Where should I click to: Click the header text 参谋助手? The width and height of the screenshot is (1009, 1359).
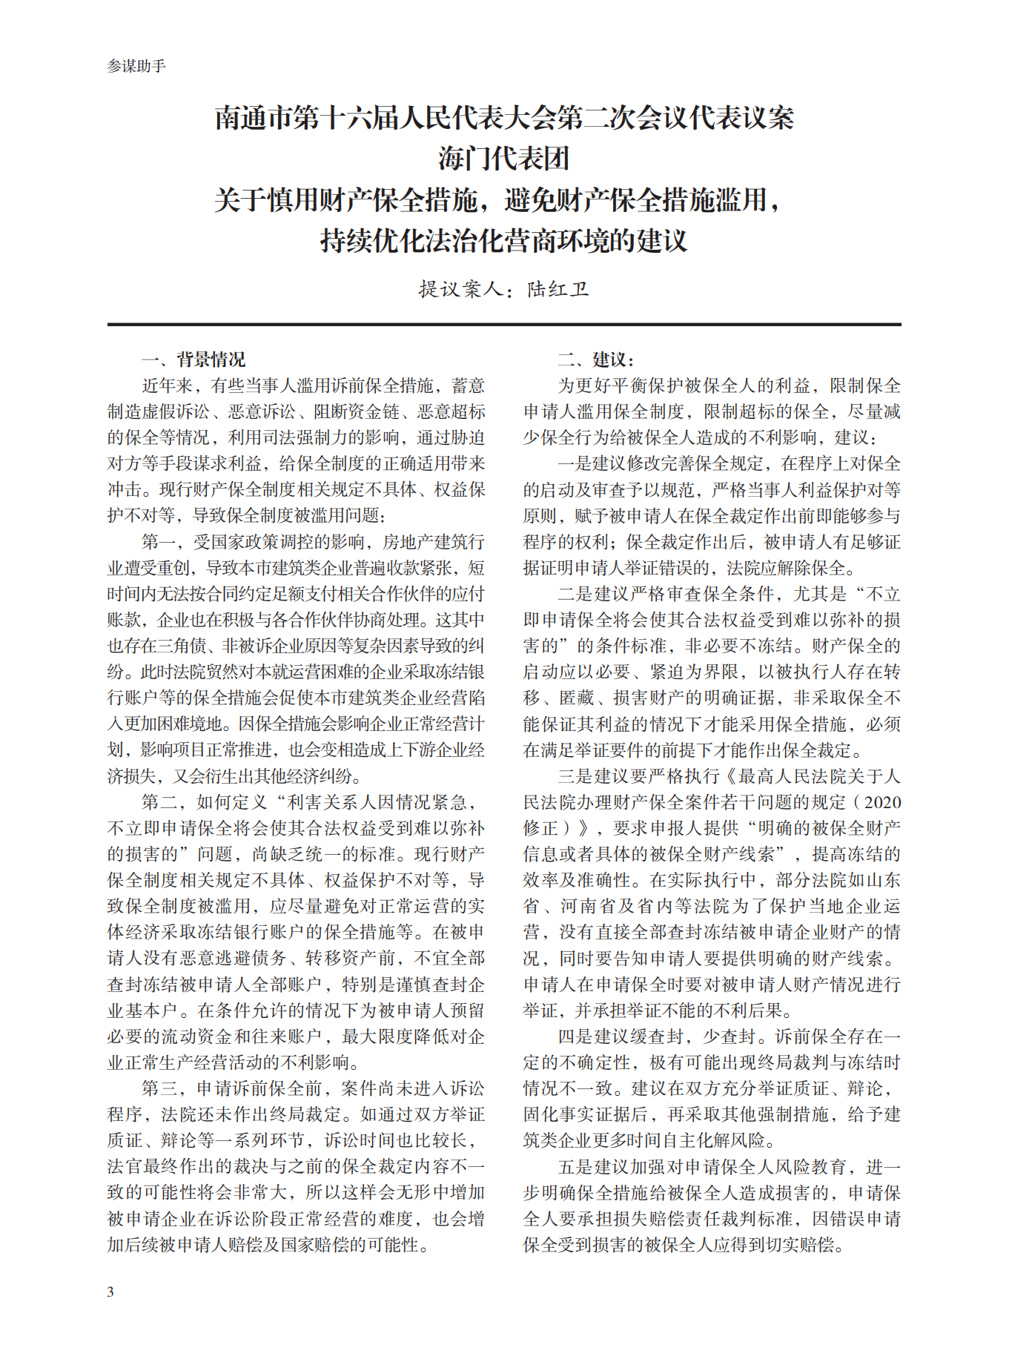[x=136, y=66]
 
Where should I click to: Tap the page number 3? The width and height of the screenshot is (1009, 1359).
[x=110, y=1292]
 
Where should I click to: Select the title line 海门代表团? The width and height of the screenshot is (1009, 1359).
[x=504, y=159]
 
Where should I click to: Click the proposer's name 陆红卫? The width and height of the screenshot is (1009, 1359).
[x=558, y=289]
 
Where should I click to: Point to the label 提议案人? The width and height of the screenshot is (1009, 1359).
[x=460, y=289]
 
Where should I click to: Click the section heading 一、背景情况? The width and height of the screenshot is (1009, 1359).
[x=193, y=360]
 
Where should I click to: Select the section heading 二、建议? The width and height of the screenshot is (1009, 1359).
[x=595, y=360]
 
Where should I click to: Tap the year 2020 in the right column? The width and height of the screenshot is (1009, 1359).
[x=882, y=802]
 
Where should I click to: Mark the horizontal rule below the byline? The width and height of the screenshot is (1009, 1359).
[x=504, y=325]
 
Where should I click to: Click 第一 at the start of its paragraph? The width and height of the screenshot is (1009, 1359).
[x=159, y=542]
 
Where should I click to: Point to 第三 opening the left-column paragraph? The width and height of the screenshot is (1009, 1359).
[x=159, y=1088]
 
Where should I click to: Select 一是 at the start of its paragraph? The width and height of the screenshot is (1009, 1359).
[x=575, y=464]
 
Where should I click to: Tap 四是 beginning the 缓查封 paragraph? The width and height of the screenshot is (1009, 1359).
[x=575, y=1036]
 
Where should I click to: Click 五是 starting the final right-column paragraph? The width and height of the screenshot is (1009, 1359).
[x=575, y=1167]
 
